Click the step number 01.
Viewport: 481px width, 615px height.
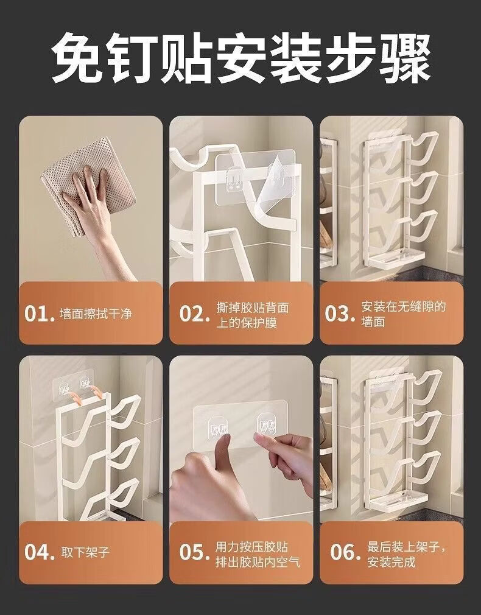pos(39,314)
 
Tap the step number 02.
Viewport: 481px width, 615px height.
pos(194,314)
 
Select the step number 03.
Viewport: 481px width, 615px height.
pos(340,314)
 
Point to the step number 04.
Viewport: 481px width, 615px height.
pos(39,552)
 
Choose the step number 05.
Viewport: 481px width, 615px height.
pos(194,552)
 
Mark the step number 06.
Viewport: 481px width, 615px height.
pos(345,552)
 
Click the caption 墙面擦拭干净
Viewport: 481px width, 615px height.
pos(96,314)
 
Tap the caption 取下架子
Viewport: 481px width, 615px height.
pos(85,553)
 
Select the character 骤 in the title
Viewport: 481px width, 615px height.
pos(406,57)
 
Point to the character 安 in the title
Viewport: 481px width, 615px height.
pos(241,57)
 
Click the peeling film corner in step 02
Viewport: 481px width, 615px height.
pos(275,188)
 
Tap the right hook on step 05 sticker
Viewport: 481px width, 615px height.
pos(266,424)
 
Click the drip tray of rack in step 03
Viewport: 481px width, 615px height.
pos(396,259)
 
